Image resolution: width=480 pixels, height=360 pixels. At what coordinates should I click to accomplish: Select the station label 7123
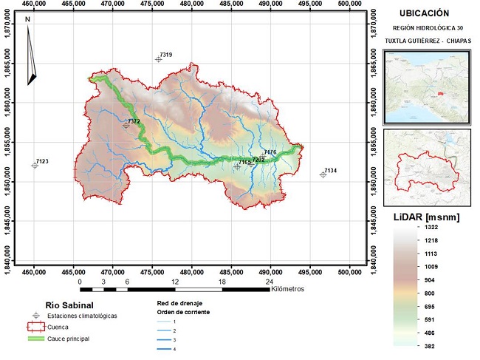tap(42, 160)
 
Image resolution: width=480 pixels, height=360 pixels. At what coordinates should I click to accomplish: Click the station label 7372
tap(134, 121)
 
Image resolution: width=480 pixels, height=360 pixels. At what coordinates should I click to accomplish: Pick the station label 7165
tap(244, 162)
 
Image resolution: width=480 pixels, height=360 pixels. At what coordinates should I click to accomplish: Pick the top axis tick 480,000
tap(192, 5)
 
